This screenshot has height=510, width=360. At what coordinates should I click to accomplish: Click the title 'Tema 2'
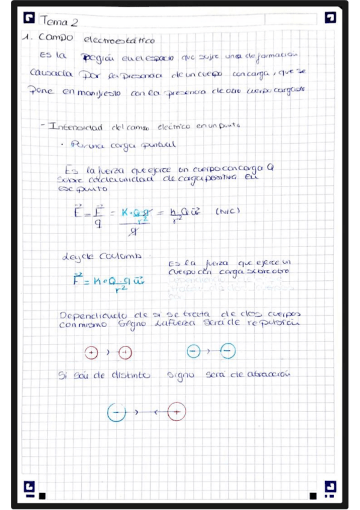click(x=58, y=22)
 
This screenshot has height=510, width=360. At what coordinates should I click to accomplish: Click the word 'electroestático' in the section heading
click(x=119, y=40)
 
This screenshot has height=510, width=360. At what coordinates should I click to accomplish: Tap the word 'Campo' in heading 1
click(x=55, y=37)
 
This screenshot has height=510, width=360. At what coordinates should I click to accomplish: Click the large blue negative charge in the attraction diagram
click(x=117, y=412)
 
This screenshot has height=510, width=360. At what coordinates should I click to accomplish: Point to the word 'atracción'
click(x=264, y=373)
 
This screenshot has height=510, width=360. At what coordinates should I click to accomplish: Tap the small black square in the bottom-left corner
click(x=41, y=496)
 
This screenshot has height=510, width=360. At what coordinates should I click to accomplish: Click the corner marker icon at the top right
click(x=330, y=17)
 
